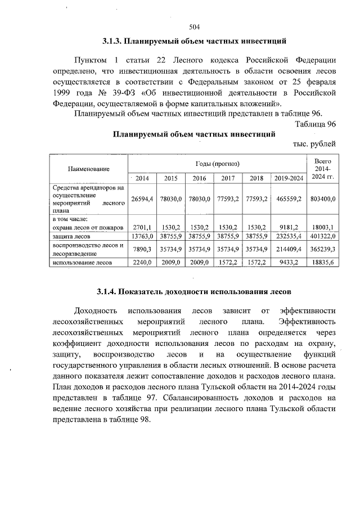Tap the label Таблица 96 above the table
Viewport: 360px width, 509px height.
[x=316, y=124]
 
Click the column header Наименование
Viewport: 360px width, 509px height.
[x=88, y=169]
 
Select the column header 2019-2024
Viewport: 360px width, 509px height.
[x=289, y=178]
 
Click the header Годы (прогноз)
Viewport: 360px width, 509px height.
[x=217, y=163]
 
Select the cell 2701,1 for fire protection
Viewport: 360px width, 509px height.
[x=143, y=227]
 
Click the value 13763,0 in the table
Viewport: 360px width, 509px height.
[x=142, y=237]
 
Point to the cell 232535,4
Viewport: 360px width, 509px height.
[x=289, y=237]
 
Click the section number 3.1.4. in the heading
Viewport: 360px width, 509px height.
[x=106, y=292]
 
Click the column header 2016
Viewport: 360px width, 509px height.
[x=200, y=178]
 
